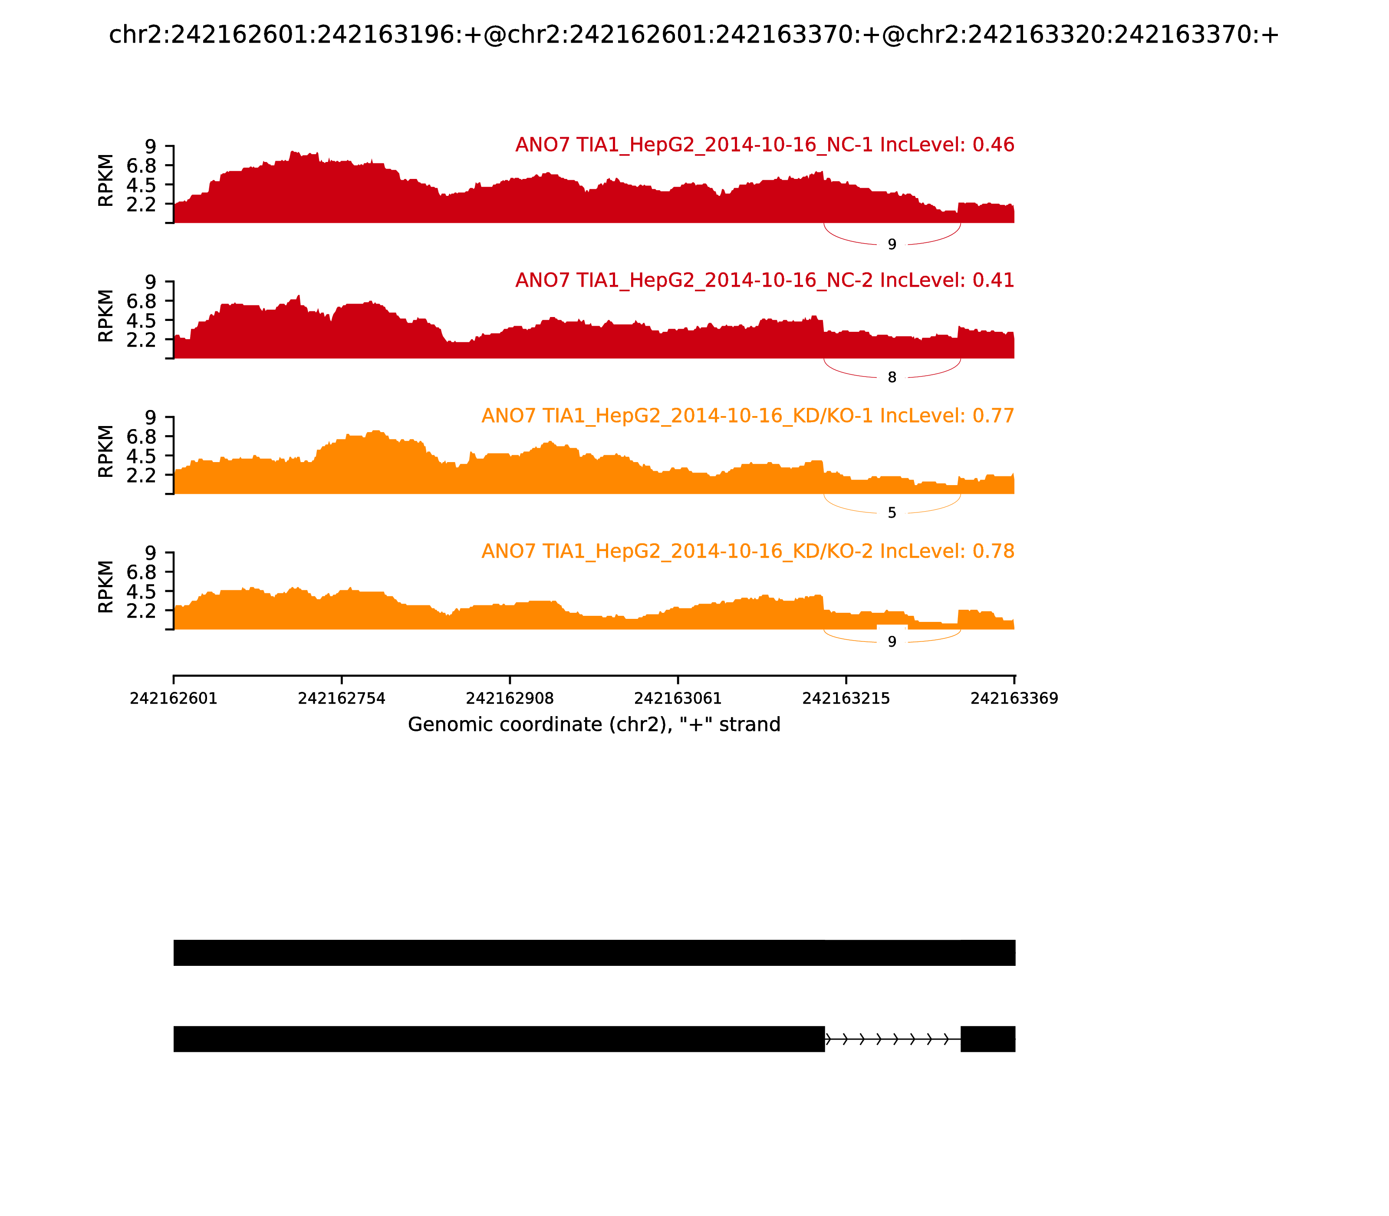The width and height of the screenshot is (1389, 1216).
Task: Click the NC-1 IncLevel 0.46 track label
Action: tap(764, 145)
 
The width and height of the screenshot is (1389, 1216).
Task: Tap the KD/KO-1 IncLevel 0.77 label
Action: tap(747, 416)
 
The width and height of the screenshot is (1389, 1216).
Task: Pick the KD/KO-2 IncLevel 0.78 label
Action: tap(747, 551)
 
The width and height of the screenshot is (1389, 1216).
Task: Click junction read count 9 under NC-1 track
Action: tap(892, 244)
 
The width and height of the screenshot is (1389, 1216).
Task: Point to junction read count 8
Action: tap(892, 377)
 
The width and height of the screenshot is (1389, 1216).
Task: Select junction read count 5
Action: tap(892, 513)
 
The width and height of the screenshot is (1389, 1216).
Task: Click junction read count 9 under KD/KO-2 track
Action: tap(892, 641)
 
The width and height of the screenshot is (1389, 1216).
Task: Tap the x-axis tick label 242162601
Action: tap(174, 698)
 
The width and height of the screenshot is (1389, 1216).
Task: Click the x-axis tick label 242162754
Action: tap(342, 698)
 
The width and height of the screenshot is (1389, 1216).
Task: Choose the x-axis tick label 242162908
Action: tap(510, 698)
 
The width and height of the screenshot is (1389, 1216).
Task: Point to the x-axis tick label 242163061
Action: tap(678, 698)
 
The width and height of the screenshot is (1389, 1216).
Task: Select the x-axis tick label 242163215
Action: tap(846, 698)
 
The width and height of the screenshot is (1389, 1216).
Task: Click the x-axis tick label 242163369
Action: tap(1014, 698)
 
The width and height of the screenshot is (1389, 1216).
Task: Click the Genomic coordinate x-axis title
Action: tap(594, 725)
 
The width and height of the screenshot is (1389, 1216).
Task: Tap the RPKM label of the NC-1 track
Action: tap(106, 181)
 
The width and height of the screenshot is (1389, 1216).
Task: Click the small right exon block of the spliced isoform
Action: tap(987, 1039)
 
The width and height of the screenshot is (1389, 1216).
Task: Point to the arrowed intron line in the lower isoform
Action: tap(892, 1039)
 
